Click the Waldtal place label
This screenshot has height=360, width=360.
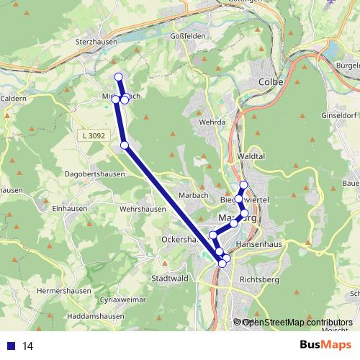(251, 155)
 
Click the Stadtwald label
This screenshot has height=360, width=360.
(171, 278)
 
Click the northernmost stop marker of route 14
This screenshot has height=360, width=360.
(118, 77)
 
